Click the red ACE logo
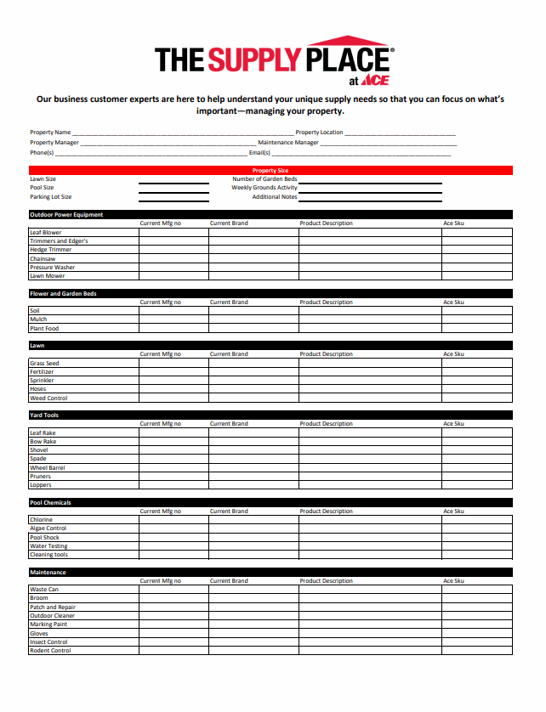click(x=375, y=81)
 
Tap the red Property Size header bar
click(x=270, y=171)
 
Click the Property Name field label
click(x=50, y=133)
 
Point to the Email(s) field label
click(x=259, y=153)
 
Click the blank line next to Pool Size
click(x=173, y=188)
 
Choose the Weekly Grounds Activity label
click(x=264, y=188)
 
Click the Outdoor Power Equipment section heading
click(x=66, y=215)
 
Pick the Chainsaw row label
click(x=43, y=258)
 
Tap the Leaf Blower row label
click(x=46, y=233)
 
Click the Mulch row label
click(x=38, y=319)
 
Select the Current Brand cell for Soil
click(x=253, y=311)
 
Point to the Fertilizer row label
click(x=42, y=372)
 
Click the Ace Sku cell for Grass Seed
click(x=476, y=364)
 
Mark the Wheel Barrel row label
click(x=47, y=468)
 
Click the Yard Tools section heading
click(x=44, y=415)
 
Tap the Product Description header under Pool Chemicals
click(x=326, y=511)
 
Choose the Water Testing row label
click(x=48, y=546)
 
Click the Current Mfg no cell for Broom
click(x=173, y=598)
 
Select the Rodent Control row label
click(x=50, y=651)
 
